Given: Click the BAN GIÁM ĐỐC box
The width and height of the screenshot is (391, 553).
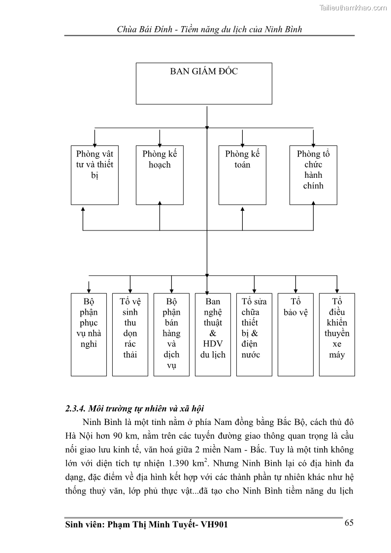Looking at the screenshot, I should point(203,83).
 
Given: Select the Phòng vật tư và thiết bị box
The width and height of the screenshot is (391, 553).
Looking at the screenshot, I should point(95,175).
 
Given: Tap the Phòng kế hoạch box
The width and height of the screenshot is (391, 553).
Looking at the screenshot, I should point(160,175).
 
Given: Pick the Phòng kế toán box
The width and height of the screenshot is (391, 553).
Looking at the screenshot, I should point(242,175).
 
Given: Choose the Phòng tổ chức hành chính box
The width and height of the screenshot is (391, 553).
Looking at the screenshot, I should point(313,175).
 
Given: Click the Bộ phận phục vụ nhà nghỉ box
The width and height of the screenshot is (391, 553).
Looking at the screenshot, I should point(89,334).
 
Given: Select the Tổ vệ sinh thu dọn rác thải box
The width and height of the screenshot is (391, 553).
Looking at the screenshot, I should point(130,334).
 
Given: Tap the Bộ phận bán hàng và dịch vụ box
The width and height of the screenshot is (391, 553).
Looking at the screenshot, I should point(171,334).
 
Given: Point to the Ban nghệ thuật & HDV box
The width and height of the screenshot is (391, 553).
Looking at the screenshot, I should point(213,334).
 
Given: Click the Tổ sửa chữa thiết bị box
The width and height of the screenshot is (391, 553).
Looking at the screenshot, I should point(254,334).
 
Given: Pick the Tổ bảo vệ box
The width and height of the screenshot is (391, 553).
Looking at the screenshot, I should point(295,334).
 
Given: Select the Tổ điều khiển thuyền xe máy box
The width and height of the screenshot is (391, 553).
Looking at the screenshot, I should point(337,334).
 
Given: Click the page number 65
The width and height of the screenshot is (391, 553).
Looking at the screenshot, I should point(349,523).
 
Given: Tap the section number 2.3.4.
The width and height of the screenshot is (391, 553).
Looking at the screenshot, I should point(76,409).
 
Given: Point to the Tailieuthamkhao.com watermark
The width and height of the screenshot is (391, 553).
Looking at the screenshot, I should point(353,7).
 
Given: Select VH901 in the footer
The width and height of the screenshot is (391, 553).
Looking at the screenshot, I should point(214,525).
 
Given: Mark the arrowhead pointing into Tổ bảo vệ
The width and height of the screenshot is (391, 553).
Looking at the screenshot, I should point(295,290).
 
